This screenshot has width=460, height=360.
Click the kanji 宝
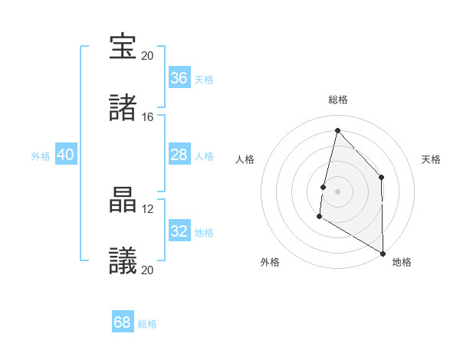[x=123, y=47]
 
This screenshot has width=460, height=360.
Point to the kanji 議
[x=123, y=262]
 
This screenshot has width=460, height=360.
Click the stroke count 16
[x=147, y=117]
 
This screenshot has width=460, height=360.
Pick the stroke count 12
[x=147, y=209]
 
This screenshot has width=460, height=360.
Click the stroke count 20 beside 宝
[x=147, y=56]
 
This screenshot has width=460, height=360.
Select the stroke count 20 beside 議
[x=147, y=270]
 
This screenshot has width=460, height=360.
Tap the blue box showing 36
[x=179, y=78]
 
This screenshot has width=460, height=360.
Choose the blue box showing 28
[x=179, y=155]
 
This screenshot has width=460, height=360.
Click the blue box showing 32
[x=179, y=231]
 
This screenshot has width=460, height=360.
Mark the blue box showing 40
[x=66, y=155]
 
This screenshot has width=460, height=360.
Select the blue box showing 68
[x=123, y=322]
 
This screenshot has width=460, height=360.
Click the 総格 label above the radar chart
[x=337, y=100]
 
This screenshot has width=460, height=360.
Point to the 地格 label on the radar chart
[x=402, y=262]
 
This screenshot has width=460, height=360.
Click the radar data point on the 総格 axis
[x=337, y=130]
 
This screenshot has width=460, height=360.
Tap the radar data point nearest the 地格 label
[x=383, y=253]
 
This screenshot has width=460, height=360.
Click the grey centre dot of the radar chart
[x=337, y=191]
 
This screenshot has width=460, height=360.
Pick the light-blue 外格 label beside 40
[x=41, y=155]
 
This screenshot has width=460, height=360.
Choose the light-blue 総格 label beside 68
[x=147, y=324]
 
